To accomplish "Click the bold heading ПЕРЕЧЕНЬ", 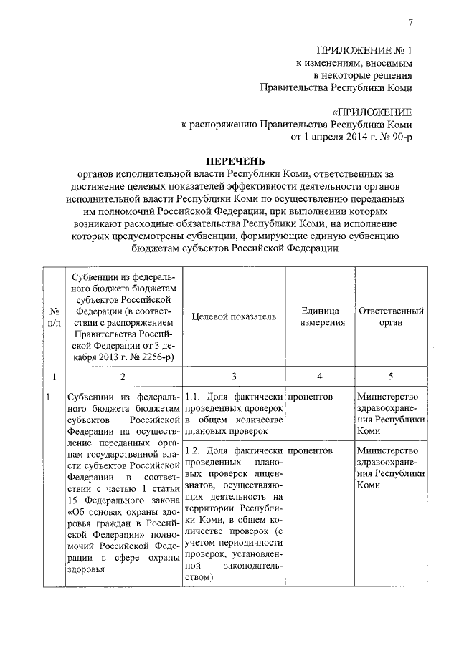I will [236, 160].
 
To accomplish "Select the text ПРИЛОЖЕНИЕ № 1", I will [365, 49].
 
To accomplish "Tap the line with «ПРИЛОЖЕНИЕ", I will [372, 112].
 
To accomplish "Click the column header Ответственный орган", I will [391, 316].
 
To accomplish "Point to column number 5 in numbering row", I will [391, 376].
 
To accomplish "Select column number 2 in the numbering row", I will [123, 376].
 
